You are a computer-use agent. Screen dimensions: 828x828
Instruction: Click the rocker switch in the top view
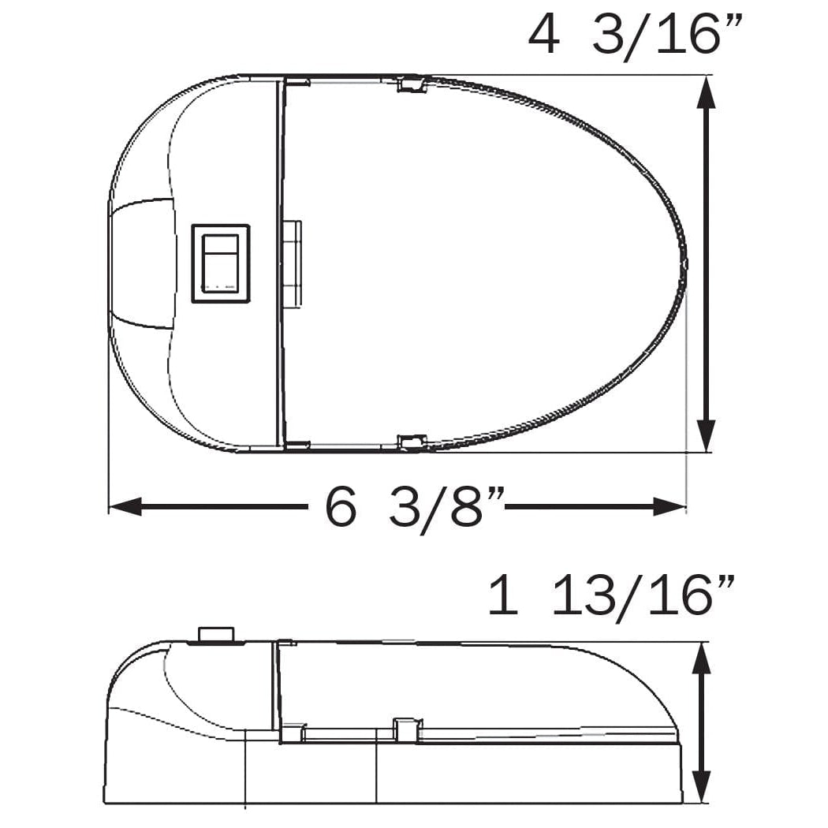(x=221, y=263)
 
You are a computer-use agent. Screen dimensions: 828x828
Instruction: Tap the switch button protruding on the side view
(x=216, y=634)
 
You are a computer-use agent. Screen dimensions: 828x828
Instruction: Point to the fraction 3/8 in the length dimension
(x=435, y=508)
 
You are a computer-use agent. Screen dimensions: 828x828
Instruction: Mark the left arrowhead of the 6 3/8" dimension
(x=125, y=506)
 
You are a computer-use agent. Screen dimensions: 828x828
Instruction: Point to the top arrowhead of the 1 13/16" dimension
(x=701, y=658)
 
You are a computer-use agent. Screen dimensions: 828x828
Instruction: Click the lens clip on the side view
(x=407, y=729)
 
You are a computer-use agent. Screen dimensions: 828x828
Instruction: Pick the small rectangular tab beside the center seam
(x=292, y=263)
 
